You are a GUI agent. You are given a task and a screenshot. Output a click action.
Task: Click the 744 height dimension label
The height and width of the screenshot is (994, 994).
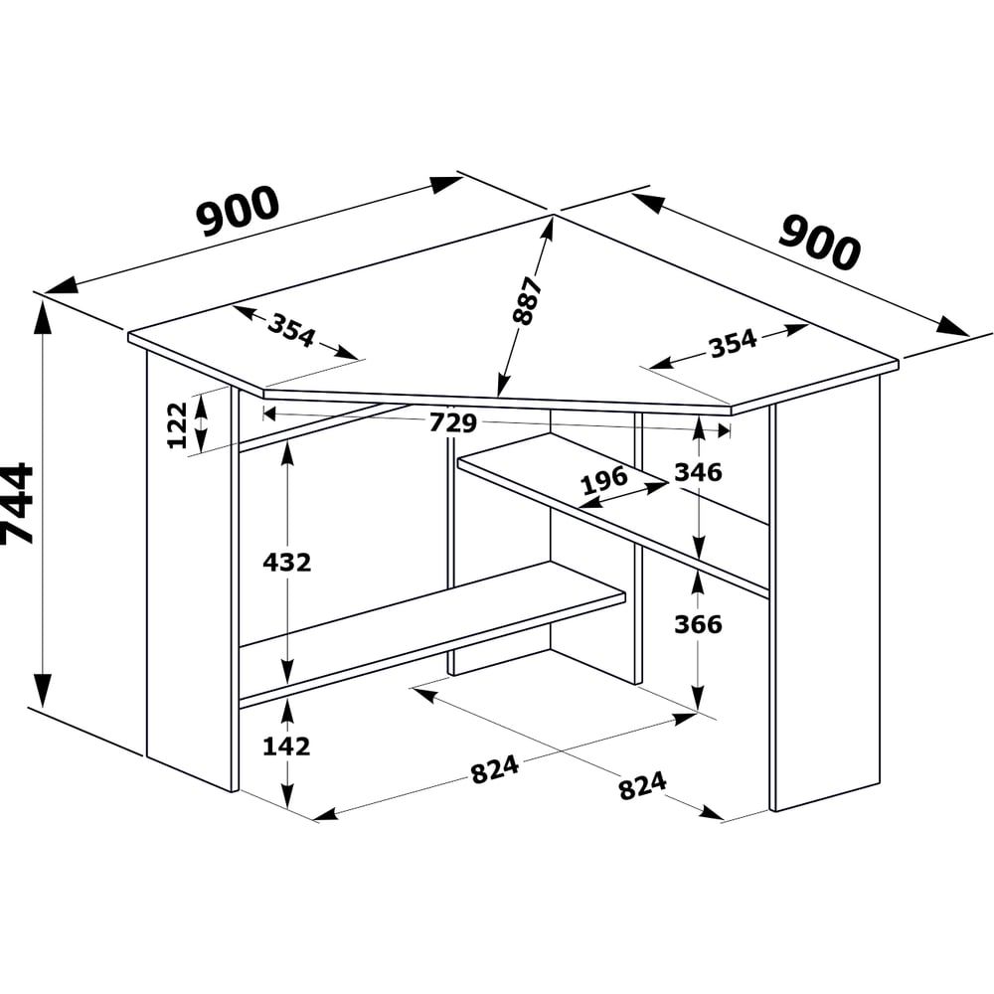pyautogui.click(x=17, y=504)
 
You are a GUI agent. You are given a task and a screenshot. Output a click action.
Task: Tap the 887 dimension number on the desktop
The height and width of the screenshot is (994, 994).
pyautogui.click(x=527, y=300)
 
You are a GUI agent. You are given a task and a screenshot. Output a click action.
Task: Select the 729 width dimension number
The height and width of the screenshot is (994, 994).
pyautogui.click(x=452, y=422)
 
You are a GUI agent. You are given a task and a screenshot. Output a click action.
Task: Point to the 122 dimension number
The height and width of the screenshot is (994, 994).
pyautogui.click(x=178, y=424)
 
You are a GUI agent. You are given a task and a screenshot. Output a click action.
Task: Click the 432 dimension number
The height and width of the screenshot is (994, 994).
pyautogui.click(x=287, y=563)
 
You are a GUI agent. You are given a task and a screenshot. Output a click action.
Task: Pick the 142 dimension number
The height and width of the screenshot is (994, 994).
pyautogui.click(x=286, y=746)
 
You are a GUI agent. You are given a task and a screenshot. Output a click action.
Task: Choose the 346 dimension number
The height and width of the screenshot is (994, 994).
pyautogui.click(x=698, y=472)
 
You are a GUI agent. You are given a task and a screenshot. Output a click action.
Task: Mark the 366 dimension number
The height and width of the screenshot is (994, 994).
pyautogui.click(x=698, y=624)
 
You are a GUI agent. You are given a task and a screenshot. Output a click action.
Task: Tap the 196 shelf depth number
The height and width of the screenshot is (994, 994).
pyautogui.click(x=604, y=481)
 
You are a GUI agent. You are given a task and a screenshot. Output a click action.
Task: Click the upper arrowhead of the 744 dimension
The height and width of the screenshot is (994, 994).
pyautogui.click(x=43, y=315)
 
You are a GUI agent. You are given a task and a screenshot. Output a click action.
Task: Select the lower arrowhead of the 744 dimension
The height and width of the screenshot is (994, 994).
pyautogui.click(x=43, y=690)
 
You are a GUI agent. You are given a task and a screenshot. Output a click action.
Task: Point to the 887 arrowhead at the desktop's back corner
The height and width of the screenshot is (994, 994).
pyautogui.click(x=547, y=231)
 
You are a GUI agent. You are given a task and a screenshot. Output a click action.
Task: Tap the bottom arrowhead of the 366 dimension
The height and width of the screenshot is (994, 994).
pyautogui.click(x=698, y=697)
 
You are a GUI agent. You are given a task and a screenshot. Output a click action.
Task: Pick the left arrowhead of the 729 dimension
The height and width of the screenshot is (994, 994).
pyautogui.click(x=270, y=414)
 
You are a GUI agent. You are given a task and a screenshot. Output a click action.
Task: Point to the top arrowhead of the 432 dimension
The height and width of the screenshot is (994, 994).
pyautogui.click(x=287, y=454)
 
